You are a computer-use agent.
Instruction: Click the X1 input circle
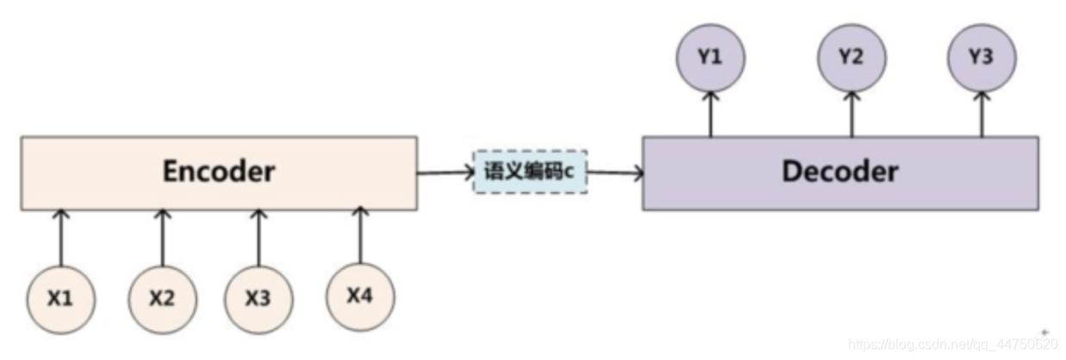click(x=59, y=301)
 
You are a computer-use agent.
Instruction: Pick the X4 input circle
click(x=360, y=296)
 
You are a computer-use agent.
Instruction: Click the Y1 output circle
click(x=711, y=59)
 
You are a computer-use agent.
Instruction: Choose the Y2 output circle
click(x=852, y=59)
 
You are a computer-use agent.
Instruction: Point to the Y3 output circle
click(x=982, y=59)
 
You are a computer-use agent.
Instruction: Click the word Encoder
click(x=219, y=171)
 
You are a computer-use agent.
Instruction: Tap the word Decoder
click(x=840, y=171)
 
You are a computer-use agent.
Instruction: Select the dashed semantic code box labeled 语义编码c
click(x=530, y=171)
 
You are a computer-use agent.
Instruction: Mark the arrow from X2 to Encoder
click(x=162, y=238)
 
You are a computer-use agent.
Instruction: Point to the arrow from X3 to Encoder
click(x=258, y=238)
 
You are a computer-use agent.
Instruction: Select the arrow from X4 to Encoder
click(x=360, y=234)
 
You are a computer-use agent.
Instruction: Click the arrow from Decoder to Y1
click(x=711, y=114)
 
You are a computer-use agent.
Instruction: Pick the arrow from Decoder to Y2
click(x=852, y=114)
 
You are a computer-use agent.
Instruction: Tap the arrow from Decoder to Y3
click(x=982, y=114)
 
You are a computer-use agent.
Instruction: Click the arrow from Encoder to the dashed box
click(x=445, y=172)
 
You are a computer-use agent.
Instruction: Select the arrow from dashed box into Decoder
click(x=615, y=173)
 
